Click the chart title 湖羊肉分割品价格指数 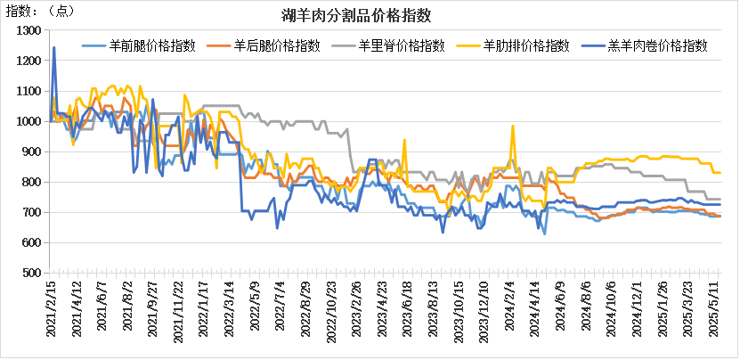[x=369, y=15]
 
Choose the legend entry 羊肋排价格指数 [x=525, y=45]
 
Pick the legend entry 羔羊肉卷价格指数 [x=656, y=45]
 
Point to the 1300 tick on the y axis [x=29, y=30]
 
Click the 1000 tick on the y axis [x=29, y=121]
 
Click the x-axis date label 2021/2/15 [x=51, y=307]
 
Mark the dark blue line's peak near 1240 [x=54, y=47]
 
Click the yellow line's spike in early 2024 [x=513, y=126]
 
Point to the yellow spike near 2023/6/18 [x=404, y=140]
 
